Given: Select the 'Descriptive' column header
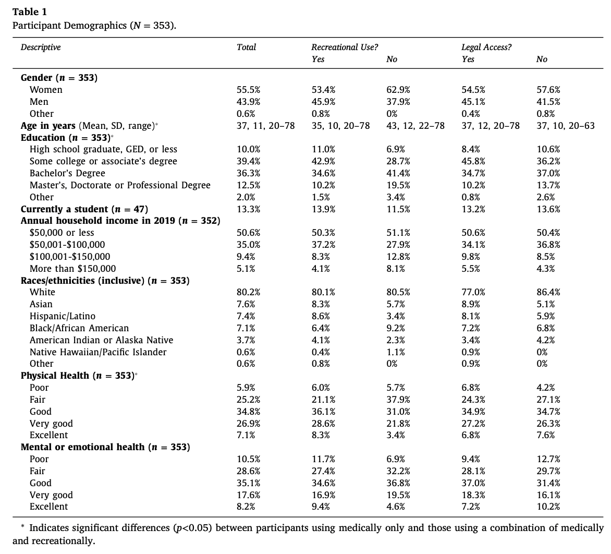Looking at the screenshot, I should pos(41,47).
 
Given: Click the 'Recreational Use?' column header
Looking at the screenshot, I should pos(345,47).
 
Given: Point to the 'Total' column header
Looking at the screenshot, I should pos(246,47).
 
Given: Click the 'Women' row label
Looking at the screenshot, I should pos(46,90).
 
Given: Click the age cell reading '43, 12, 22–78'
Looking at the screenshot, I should pos(415,126).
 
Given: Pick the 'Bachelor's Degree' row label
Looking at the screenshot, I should pos(67,173).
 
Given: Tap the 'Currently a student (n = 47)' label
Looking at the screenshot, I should pos(84,209).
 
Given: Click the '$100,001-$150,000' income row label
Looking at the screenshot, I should pos(70,257).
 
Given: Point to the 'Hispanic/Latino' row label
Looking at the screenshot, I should pos(63,316).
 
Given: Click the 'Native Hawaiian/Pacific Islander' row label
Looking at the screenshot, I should pos(98,352).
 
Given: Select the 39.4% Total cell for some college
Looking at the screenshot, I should pos(249,161).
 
